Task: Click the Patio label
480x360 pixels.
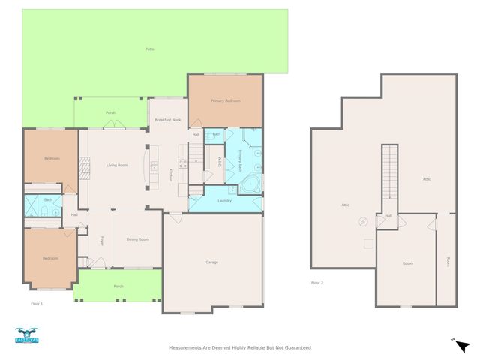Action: point(150,49)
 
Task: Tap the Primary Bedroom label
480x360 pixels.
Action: point(225,100)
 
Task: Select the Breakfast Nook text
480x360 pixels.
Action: point(167,120)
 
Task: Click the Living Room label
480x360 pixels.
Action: point(116,165)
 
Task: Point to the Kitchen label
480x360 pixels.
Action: point(170,174)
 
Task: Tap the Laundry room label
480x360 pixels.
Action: point(224,200)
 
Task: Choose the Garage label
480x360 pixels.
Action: point(212,262)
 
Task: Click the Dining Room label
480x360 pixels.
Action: point(137,239)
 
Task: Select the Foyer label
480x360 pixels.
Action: point(102,240)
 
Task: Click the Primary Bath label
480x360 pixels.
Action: point(241,160)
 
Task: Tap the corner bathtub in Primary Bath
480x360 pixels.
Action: point(253,184)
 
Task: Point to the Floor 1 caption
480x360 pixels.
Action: point(36,304)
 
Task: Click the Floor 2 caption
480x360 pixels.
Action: point(316,283)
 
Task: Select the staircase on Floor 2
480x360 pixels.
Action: point(388,172)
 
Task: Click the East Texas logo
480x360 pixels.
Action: point(26,336)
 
